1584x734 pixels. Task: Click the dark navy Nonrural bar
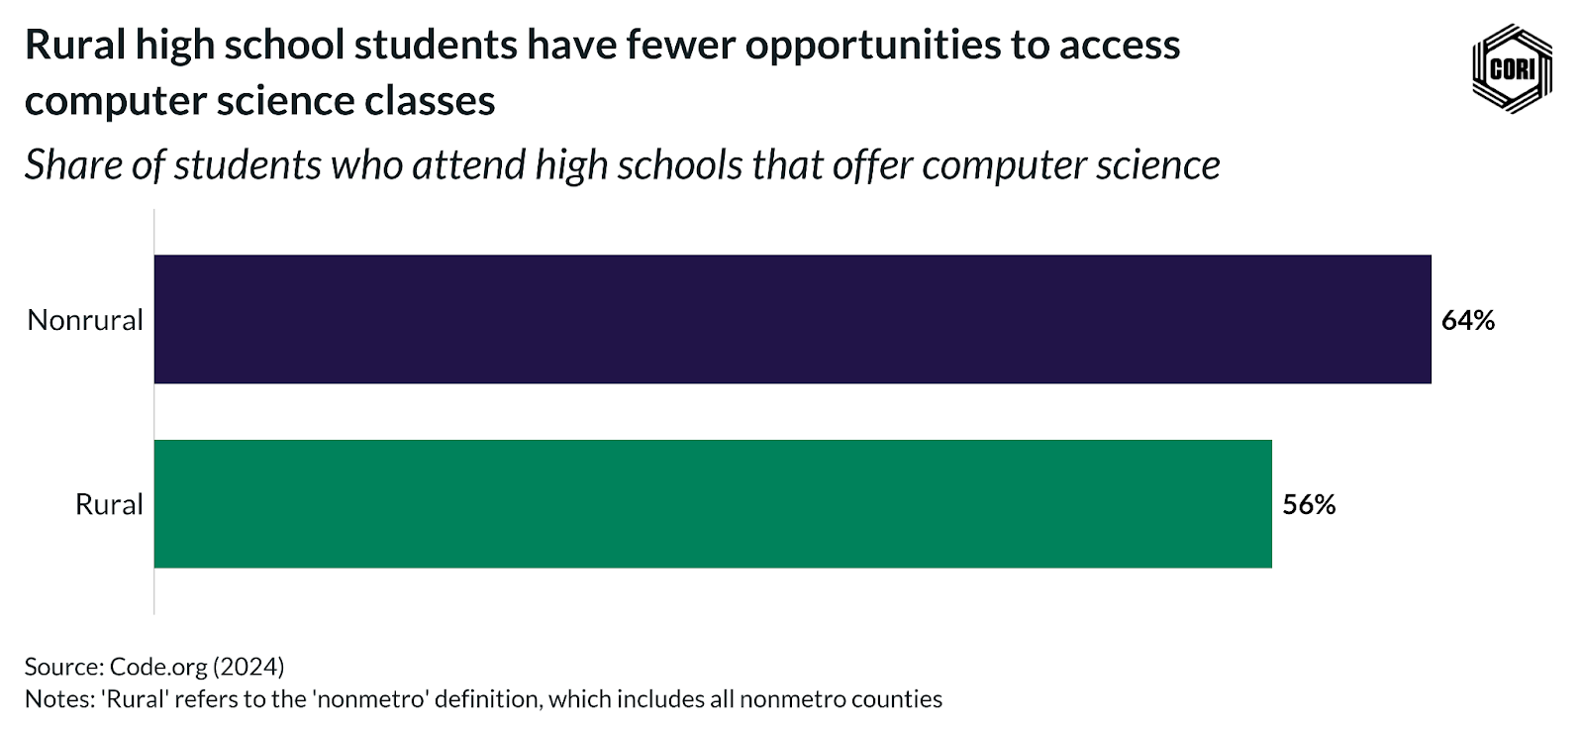[x=792, y=319]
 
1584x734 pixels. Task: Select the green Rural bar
[x=713, y=503]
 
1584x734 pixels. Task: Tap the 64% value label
[x=1467, y=320]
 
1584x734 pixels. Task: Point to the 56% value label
[x=1309, y=504]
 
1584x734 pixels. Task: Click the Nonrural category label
[x=85, y=320]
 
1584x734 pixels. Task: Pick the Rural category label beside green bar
[x=109, y=504]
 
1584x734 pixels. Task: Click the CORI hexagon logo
[x=1512, y=68]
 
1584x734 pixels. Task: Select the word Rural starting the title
[x=74, y=46]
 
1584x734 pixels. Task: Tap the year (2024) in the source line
[x=248, y=667]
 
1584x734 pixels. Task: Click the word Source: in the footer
[x=64, y=667]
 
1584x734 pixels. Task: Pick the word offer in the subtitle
[x=872, y=164]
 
